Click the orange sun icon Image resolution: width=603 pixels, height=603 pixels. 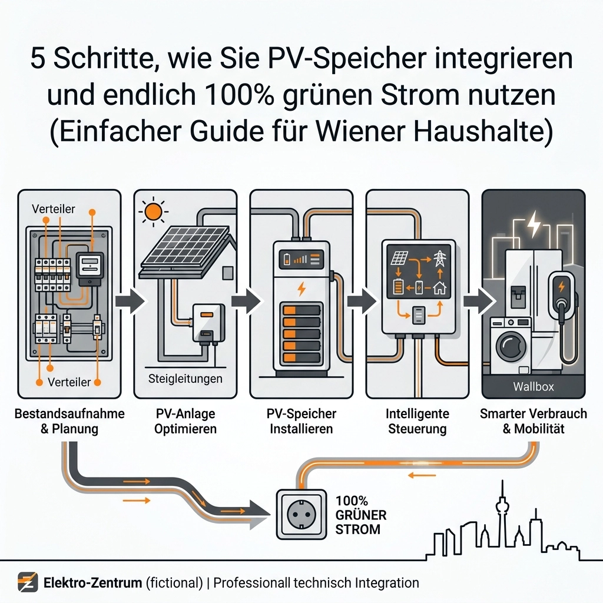pos(154,211)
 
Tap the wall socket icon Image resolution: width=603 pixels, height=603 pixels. pos(301,514)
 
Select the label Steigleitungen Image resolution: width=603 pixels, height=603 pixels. pos(185,379)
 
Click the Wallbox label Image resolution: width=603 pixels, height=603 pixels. pos(534,386)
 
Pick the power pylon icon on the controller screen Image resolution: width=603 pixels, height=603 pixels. pos(439,259)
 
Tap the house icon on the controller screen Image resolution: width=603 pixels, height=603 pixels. pos(439,287)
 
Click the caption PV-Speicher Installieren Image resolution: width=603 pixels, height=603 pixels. pos(301,421)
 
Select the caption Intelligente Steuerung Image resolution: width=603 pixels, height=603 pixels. pos(418,421)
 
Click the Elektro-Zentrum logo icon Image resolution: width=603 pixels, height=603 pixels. pos(28,582)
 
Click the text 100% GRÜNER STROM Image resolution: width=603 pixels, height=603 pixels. pos(361,515)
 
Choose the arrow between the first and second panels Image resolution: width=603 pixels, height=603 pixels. pos(130,301)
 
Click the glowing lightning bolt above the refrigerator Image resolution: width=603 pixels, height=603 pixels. pos(534,224)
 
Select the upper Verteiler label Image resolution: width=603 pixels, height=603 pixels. pos(54,209)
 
